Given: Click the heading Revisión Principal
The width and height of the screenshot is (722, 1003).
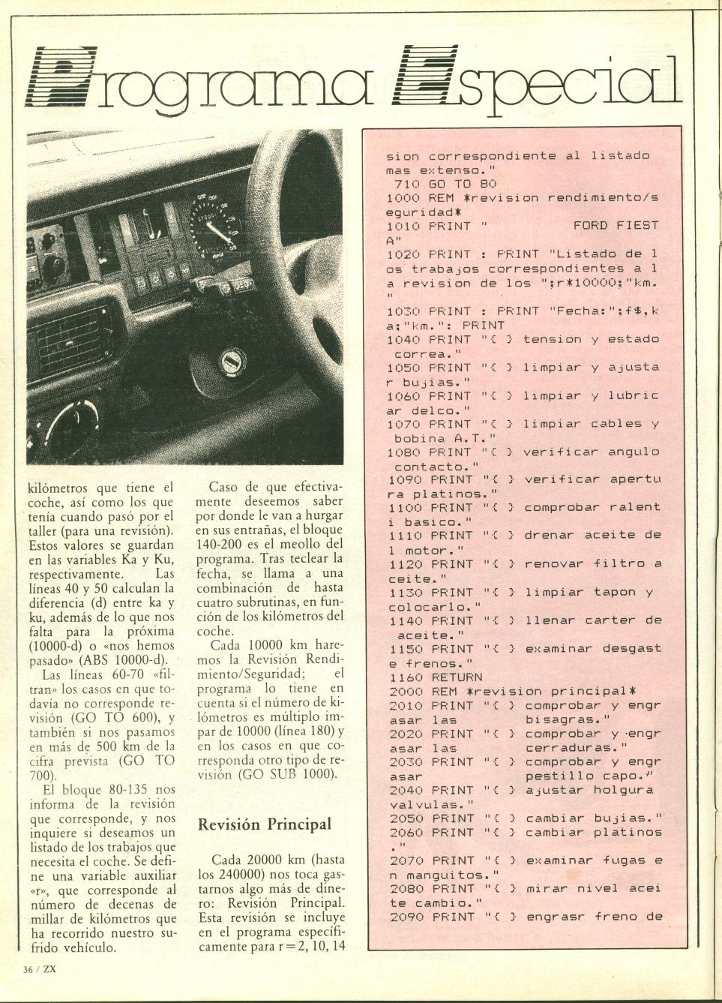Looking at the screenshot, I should pyautogui.click(x=264, y=824).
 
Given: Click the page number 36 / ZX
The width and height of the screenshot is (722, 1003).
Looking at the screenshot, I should pyautogui.click(x=40, y=968).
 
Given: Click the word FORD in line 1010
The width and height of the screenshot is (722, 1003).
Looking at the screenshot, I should pyautogui.click(x=589, y=225).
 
